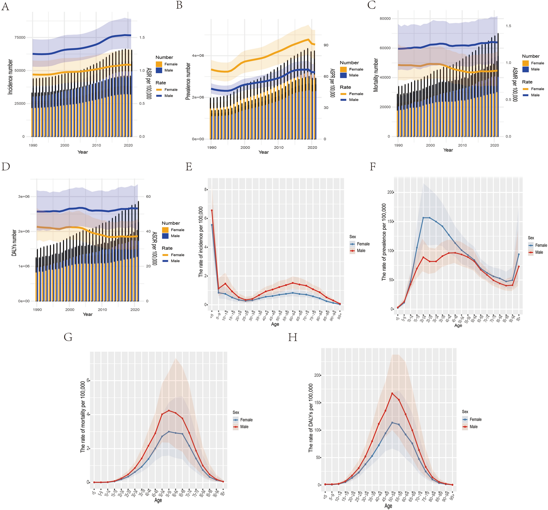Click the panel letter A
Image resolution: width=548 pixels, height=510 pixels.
[x=5, y=6]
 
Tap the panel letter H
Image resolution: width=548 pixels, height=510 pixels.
[x=292, y=337]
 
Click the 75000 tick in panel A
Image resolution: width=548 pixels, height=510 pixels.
[x=20, y=37]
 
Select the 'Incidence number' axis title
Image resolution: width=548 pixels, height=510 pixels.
[x=10, y=77]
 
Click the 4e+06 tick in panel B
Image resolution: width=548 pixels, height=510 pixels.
[x=198, y=55]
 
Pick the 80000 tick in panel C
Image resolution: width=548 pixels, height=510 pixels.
[x=385, y=19]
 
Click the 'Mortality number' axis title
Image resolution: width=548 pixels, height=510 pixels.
[x=376, y=75]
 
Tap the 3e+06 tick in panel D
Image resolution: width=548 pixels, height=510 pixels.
[x=24, y=196]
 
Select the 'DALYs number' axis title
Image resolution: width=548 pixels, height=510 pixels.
[x=14, y=243]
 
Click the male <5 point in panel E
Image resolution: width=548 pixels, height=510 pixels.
[x=212, y=210]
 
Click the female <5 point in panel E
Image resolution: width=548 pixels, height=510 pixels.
[x=212, y=225]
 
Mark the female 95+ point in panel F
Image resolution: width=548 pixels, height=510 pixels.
[x=519, y=254]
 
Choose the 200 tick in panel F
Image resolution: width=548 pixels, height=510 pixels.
[x=390, y=192]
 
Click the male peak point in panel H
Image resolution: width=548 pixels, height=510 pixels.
[x=392, y=393]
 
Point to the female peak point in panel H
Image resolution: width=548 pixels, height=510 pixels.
[x=392, y=422]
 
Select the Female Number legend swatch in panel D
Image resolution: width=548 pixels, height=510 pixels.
[x=165, y=230]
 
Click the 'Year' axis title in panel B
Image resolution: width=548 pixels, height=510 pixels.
[x=264, y=152]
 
